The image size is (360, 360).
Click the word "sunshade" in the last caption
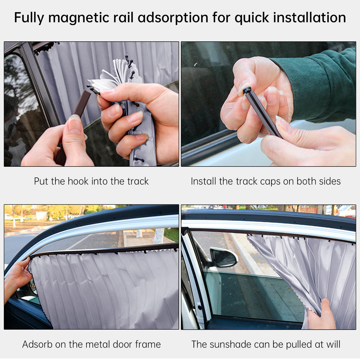(230, 344)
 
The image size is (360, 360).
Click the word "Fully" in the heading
(29, 18)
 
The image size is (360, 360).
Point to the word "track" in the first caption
(138, 181)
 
